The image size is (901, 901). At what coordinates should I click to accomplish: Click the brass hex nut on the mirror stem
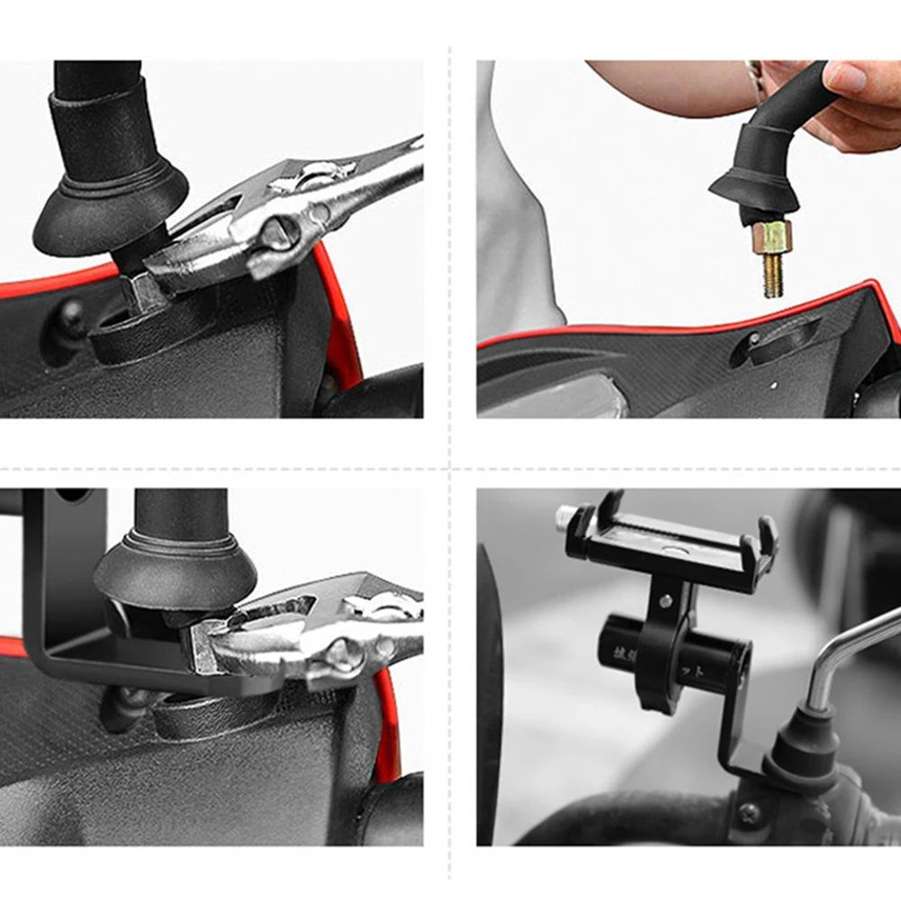pos(771,237)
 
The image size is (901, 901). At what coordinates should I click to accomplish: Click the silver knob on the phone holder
pos(565,518)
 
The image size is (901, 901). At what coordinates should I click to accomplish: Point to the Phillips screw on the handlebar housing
pos(748,813)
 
